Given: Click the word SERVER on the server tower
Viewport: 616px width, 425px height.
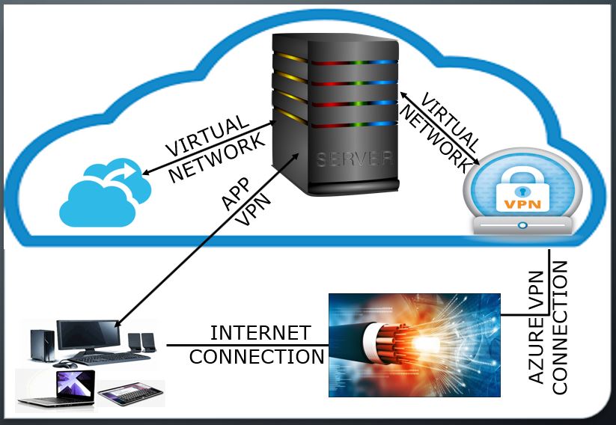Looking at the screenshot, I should click(x=354, y=159).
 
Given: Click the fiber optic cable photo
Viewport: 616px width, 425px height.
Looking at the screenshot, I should click(x=415, y=344).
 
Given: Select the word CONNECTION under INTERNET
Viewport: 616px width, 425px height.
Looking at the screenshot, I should click(x=257, y=356).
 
